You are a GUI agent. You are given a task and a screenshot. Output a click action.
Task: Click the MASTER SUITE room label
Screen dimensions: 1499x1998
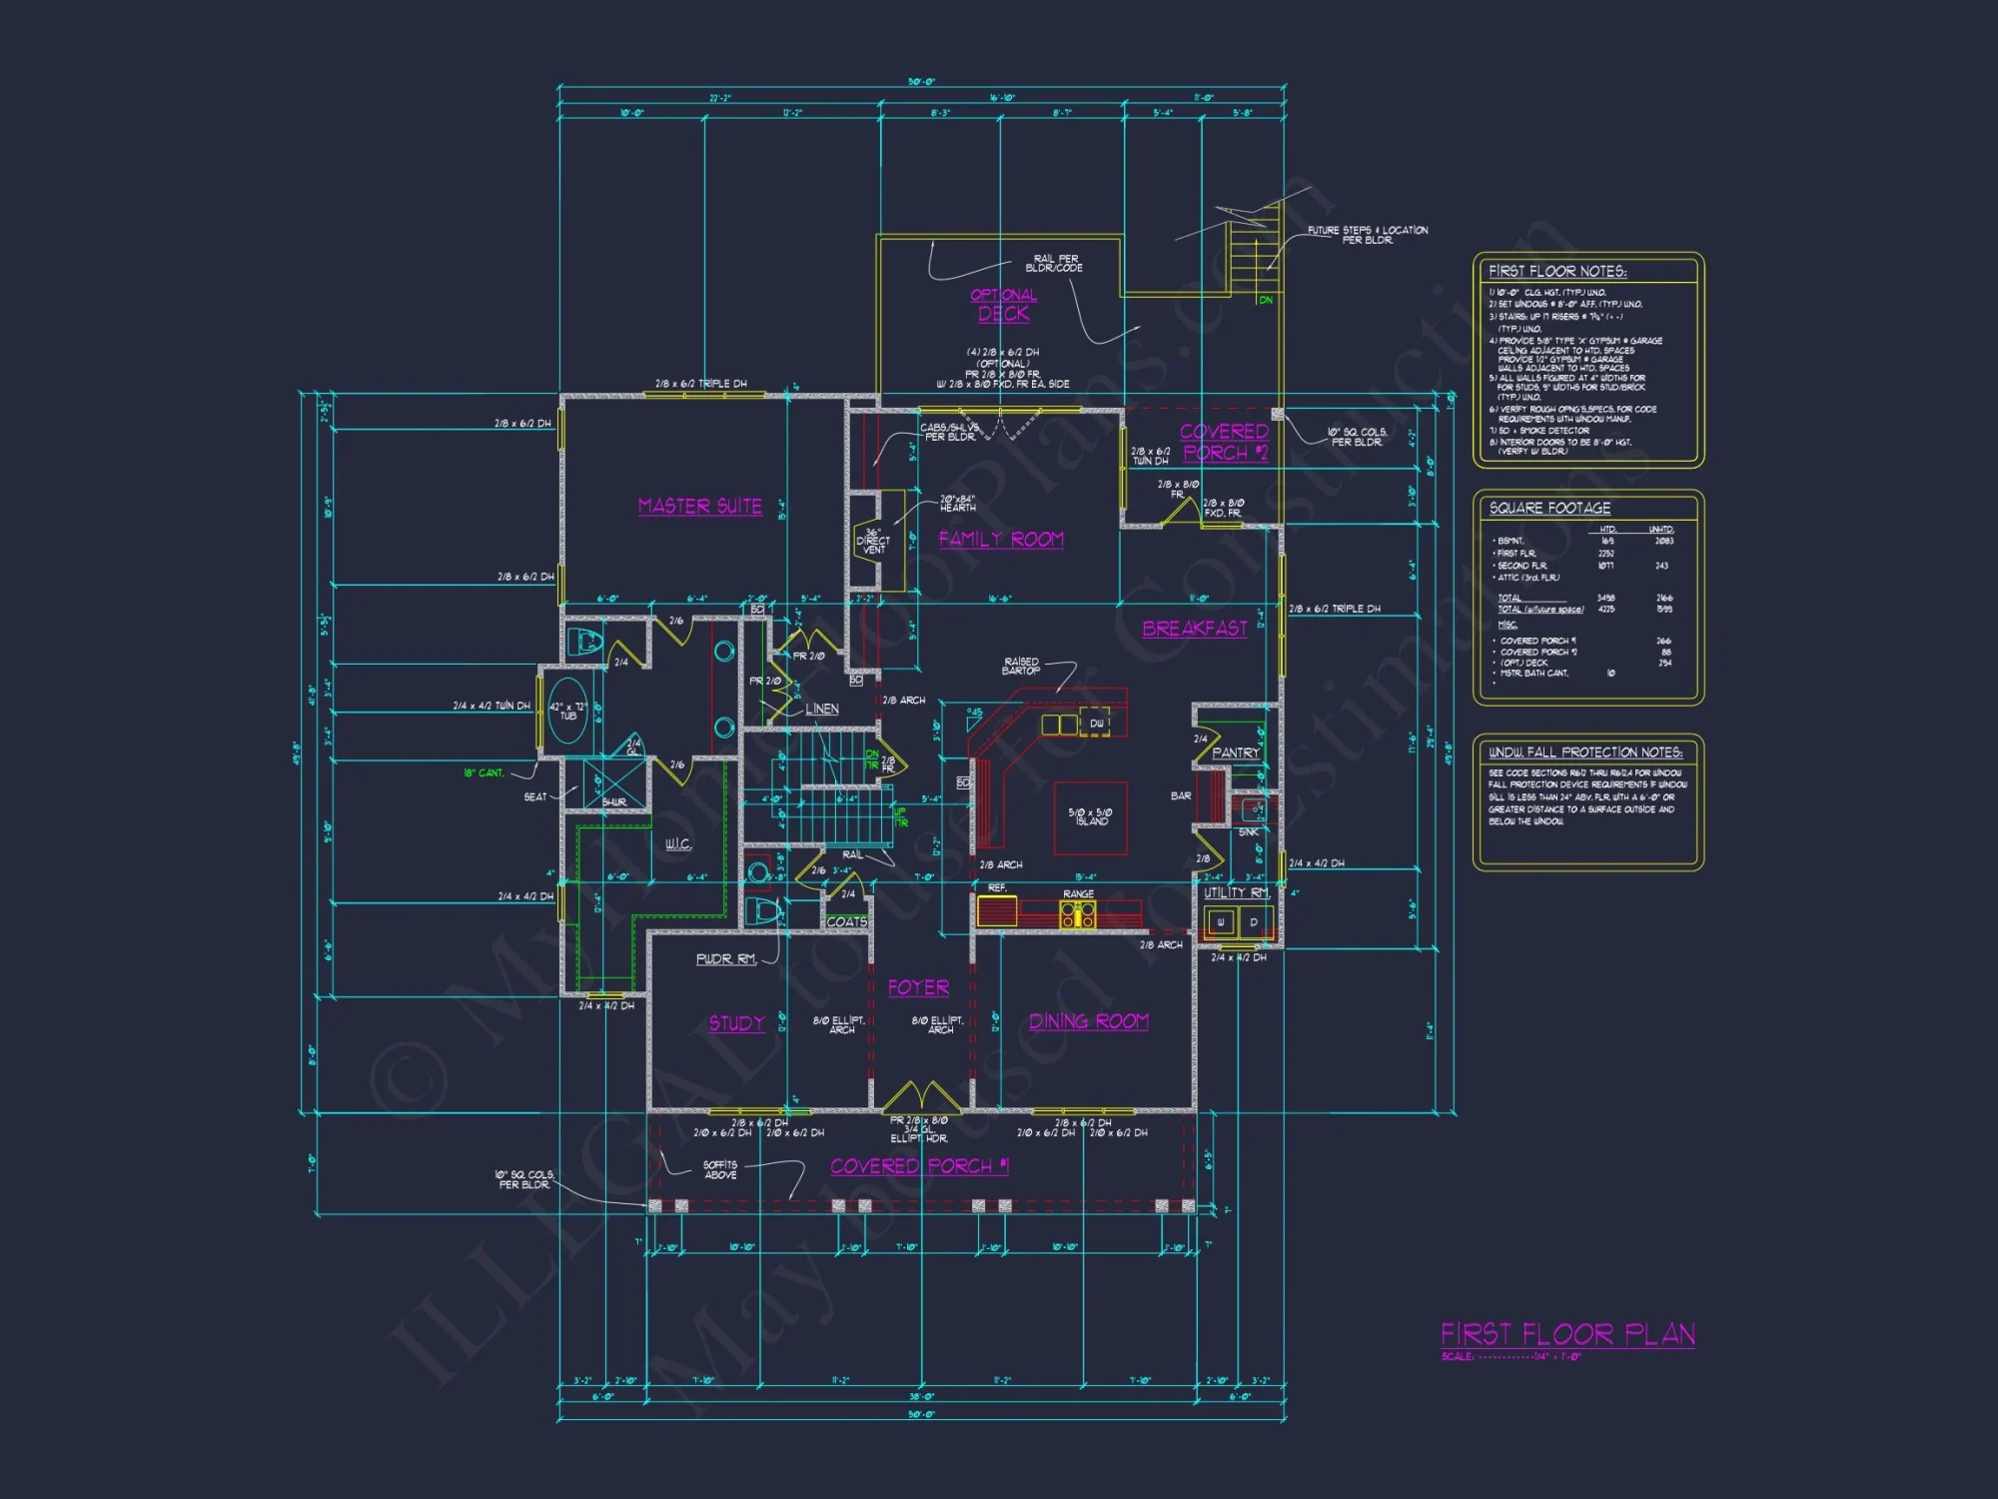[699, 507]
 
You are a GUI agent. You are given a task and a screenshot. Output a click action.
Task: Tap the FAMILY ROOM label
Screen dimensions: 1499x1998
[1001, 540]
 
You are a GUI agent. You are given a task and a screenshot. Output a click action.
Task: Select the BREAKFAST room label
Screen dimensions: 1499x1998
[1195, 629]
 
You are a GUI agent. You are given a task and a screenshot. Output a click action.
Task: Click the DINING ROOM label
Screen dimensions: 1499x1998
[1089, 1021]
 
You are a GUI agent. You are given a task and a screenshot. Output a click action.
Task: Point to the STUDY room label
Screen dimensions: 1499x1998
[736, 1023]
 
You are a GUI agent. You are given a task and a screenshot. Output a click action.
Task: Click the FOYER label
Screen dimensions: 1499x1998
[918, 987]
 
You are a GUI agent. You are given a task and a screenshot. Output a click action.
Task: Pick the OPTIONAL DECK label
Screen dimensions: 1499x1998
[1004, 305]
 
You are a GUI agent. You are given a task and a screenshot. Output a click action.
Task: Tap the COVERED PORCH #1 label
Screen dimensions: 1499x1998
[919, 1166]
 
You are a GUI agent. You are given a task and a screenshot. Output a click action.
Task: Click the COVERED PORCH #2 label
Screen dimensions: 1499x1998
[1224, 442]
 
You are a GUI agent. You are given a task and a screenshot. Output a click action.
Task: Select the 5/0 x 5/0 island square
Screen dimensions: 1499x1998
[1090, 817]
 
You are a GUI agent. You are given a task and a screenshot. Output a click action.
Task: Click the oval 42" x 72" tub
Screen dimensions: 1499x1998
[567, 711]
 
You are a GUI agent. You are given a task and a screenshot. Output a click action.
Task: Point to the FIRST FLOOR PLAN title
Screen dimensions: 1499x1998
[1567, 1334]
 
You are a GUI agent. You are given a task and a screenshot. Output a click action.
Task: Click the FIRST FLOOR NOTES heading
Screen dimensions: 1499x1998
[1556, 272]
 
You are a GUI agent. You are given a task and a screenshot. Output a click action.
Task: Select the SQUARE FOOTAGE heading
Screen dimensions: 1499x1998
[1549, 508]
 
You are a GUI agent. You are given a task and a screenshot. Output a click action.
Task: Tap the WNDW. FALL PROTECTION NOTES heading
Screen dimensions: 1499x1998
[1584, 752]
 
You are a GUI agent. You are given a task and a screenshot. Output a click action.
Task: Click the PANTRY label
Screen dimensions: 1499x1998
[1235, 752]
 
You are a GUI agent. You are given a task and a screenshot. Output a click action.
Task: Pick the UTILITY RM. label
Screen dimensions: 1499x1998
[1236, 892]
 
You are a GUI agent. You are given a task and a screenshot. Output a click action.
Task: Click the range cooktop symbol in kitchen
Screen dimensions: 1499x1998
[1077, 913]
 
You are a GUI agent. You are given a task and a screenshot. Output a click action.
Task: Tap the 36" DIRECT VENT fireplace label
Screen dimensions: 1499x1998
[873, 542]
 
